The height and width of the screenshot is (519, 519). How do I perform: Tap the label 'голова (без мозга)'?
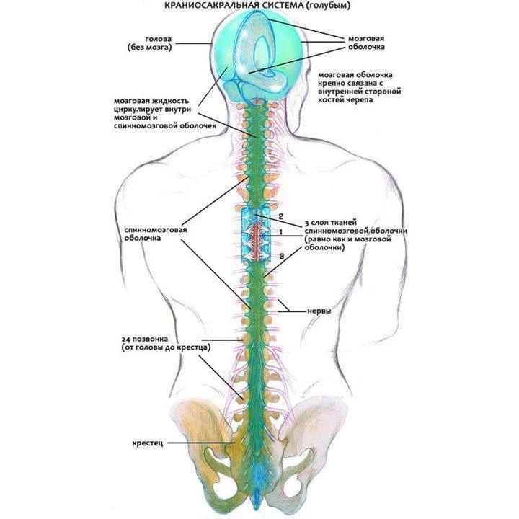(150, 43)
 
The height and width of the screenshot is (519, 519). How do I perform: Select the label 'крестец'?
(148, 443)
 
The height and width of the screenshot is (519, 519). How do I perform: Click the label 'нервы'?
(319, 311)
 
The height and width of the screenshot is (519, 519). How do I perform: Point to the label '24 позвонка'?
(145, 340)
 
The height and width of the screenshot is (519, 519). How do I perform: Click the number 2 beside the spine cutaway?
(280, 216)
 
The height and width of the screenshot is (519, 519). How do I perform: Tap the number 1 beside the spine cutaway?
(280, 232)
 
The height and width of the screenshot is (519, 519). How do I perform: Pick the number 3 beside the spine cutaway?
(281, 256)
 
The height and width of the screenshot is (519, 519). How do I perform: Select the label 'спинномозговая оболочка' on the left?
(156, 234)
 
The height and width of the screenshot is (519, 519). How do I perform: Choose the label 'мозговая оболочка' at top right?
(366, 43)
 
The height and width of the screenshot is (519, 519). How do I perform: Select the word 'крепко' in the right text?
(331, 83)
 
